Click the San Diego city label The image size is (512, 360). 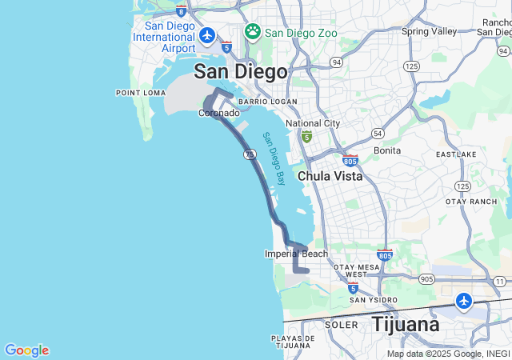(240, 72)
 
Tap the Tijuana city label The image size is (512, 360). (405, 325)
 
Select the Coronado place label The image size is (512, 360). (218, 113)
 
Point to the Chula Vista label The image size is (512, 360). (330, 175)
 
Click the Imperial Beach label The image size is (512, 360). (296, 254)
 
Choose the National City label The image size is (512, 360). (313, 123)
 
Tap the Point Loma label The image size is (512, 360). (141, 93)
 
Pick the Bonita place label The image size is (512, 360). (387, 150)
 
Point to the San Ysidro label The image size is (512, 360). (373, 300)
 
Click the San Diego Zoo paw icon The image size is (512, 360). (253, 31)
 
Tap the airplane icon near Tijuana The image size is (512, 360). (464, 301)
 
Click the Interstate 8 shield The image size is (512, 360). (182, 11)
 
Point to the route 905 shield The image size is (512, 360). (426, 279)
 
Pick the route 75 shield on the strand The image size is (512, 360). (250, 153)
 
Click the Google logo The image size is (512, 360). (26, 350)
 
